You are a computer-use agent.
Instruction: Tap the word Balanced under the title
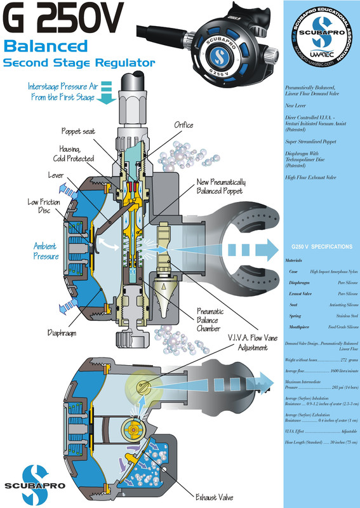45,47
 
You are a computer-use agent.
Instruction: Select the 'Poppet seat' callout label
81,132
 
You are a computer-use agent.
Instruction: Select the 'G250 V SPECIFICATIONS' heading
321,246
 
